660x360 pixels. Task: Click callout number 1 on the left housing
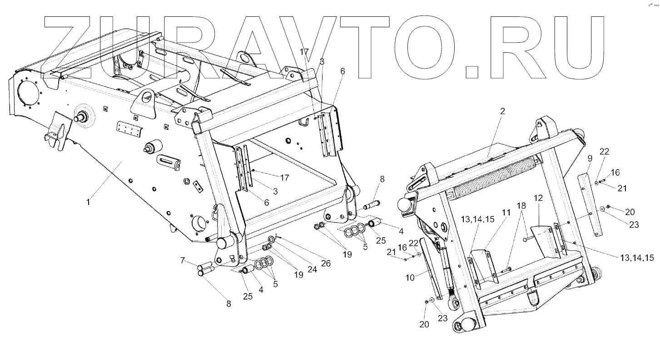point(88,200)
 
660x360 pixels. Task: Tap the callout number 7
point(182,260)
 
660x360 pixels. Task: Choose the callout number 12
point(538,198)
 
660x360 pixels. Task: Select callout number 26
point(326,263)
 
